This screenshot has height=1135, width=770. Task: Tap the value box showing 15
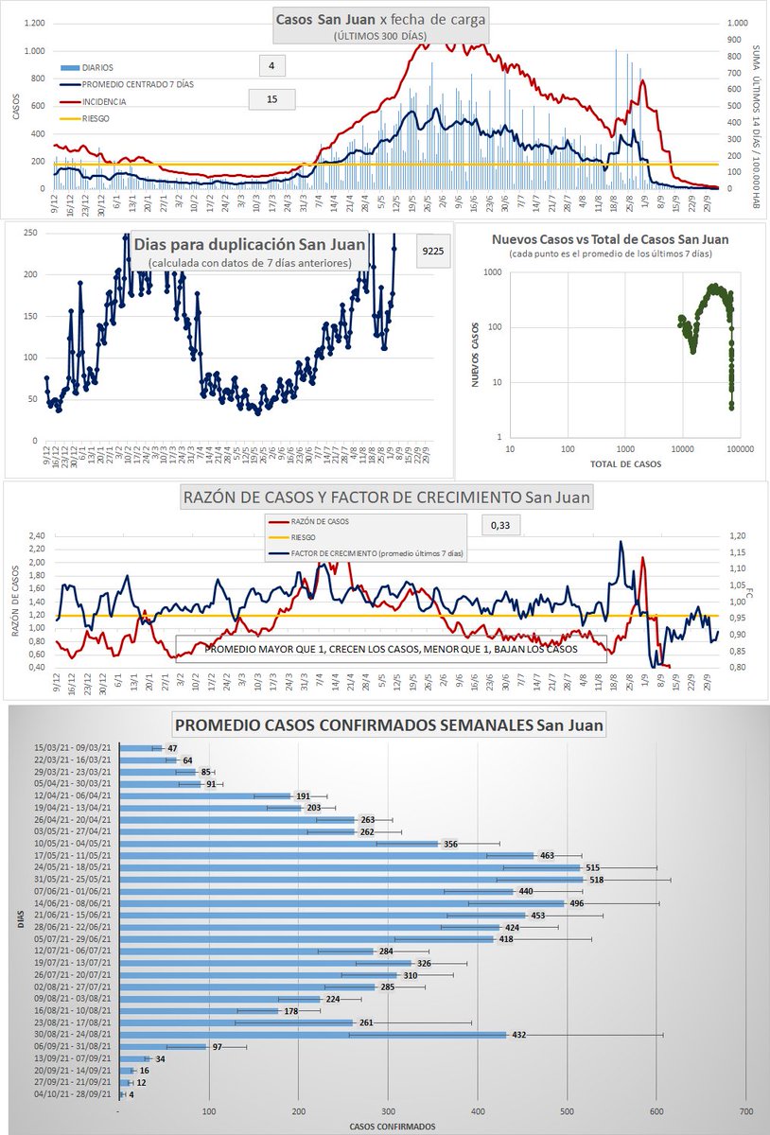click(x=271, y=98)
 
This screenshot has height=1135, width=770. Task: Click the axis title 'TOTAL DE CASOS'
click(x=624, y=464)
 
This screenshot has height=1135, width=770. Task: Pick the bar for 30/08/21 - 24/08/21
click(x=313, y=1035)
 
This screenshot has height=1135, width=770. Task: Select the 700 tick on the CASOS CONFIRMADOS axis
click(x=744, y=1111)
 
